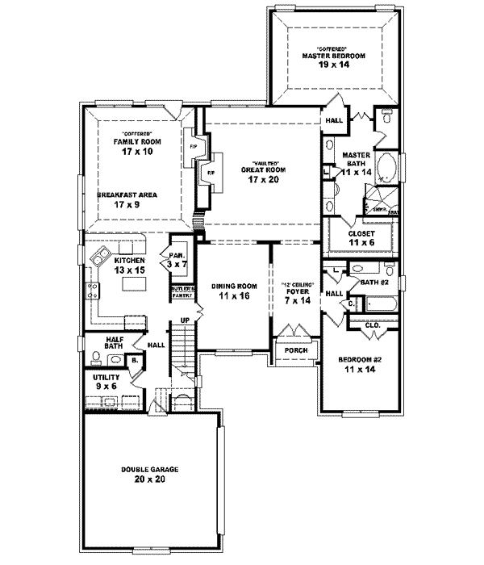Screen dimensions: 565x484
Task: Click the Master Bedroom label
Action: point(334,56)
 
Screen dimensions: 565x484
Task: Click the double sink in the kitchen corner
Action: point(102,258)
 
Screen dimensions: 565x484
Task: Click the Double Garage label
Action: point(150,473)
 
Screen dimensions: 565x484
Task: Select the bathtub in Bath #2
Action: point(379,304)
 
